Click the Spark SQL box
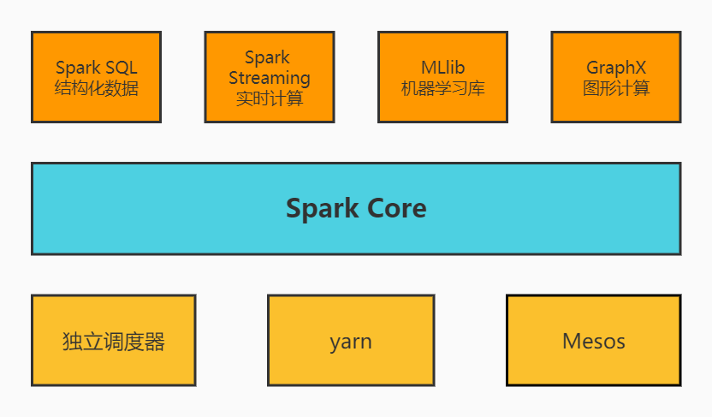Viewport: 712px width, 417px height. tap(96, 77)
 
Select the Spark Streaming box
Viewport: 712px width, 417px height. tap(269, 77)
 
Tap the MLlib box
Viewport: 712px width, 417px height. tap(442, 77)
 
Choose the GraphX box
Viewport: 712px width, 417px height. tap(616, 77)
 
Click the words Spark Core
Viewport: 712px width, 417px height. tap(356, 208)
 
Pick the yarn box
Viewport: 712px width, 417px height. tap(351, 341)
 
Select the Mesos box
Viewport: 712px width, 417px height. tap(594, 341)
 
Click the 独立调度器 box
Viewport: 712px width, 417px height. tap(113, 341)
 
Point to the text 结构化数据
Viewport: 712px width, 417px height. tap(96, 88)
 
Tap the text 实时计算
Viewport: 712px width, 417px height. tap(269, 98)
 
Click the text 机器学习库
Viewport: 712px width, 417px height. tap(442, 88)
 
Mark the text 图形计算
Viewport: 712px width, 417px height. tap(616, 88)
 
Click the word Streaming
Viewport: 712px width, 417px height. tap(269, 78)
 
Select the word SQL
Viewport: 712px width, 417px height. tap(120, 68)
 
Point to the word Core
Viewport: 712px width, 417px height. tap(392, 208)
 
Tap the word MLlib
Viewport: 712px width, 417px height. tap(442, 68)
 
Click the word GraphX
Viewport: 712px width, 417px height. tap(616, 68)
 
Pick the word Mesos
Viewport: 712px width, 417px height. tap(594, 342)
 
